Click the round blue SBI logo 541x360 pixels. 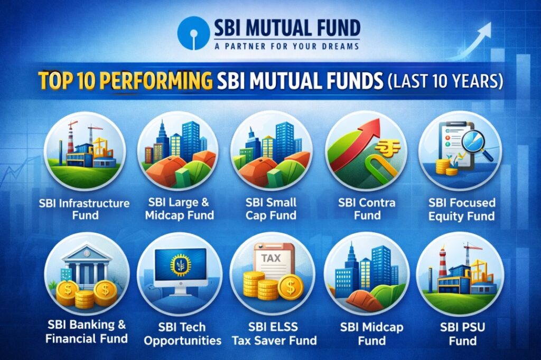point(193,33)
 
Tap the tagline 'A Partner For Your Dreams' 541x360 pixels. point(287,46)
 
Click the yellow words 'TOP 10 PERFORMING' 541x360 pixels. point(125,81)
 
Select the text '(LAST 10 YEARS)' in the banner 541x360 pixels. point(445,81)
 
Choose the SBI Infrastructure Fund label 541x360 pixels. point(84,210)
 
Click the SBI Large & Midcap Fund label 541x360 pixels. point(180,209)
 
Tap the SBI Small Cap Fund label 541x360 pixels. point(271,209)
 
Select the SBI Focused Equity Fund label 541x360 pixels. point(462,209)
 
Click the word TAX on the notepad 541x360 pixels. point(271,258)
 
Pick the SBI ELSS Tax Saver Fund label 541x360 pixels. point(274,334)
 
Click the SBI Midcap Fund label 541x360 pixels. point(371,334)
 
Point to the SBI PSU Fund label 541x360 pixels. point(463,334)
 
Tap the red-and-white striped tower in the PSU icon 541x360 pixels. point(442,262)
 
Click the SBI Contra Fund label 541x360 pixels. point(367,209)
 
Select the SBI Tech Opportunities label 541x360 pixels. point(182,334)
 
